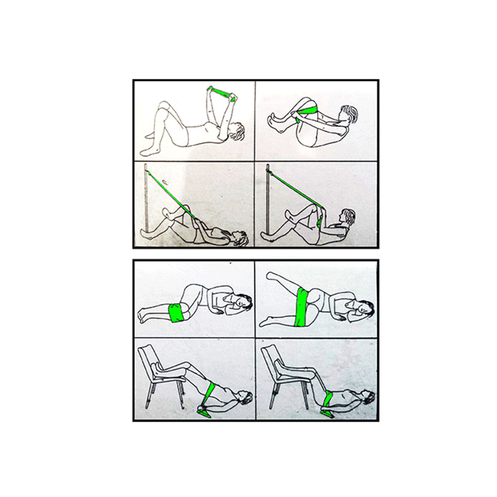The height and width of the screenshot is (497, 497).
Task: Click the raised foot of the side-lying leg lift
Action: point(271,275)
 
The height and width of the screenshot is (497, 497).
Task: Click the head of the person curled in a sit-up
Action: point(349,115)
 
